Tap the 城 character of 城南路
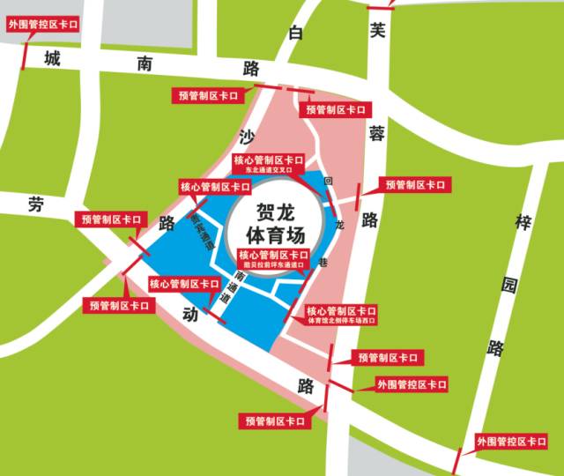point(53,60)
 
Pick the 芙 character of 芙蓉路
point(378,30)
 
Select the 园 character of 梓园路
point(508,285)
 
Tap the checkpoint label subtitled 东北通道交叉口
point(268,165)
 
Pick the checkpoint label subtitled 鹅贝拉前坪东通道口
point(274,259)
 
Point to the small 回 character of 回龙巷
point(327,182)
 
